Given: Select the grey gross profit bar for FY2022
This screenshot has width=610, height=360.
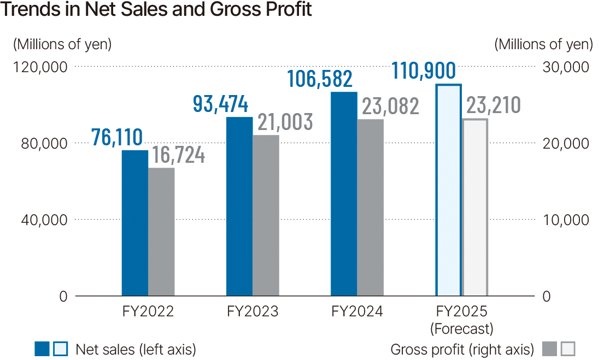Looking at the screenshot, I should [x=161, y=232].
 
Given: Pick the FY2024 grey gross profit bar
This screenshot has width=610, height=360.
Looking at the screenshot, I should [x=370, y=208].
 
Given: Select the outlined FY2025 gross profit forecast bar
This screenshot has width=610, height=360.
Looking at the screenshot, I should [x=474, y=208].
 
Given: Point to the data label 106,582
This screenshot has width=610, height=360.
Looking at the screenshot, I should [x=320, y=79].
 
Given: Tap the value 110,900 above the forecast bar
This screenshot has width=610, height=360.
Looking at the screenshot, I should [x=424, y=72].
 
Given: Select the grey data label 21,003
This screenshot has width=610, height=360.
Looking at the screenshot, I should [x=285, y=122].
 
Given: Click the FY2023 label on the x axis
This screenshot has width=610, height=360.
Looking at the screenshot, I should [x=253, y=311].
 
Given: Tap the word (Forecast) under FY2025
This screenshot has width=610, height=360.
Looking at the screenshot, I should [x=461, y=329].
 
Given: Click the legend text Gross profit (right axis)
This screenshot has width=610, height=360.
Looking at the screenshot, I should [x=462, y=349].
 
